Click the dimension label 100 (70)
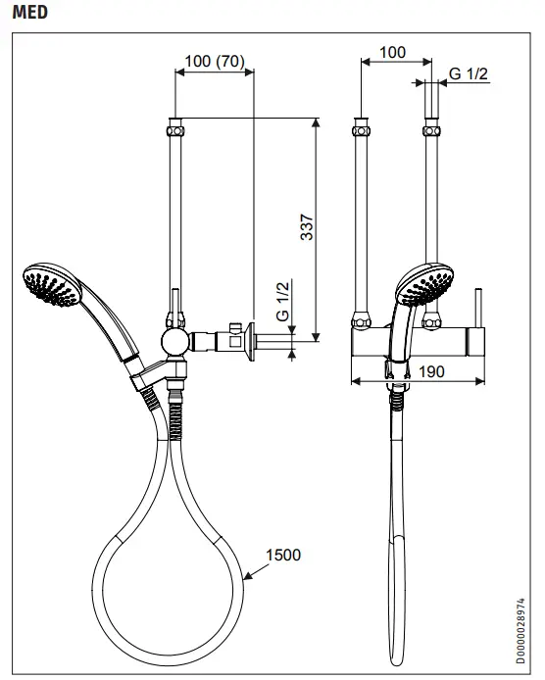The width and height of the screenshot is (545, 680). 214,62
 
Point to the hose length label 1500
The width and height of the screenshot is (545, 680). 283,555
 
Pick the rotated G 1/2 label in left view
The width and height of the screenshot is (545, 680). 282,301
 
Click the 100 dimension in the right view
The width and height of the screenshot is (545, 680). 391,52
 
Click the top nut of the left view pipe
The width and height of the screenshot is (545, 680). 176,126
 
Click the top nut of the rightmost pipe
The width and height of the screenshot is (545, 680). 429,129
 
